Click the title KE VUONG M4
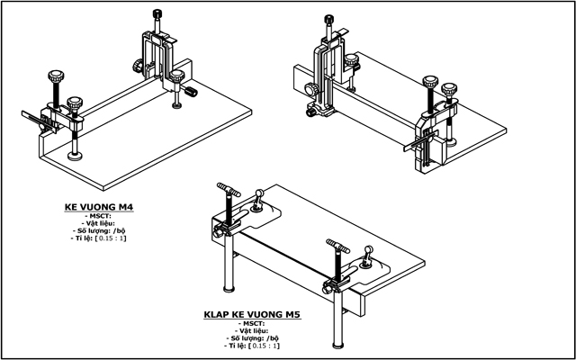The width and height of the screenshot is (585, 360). click(98, 207)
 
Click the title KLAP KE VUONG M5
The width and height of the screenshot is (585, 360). click(251, 316)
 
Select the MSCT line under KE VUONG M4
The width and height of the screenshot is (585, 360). click(98, 216)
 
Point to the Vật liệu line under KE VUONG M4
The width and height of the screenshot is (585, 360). click(98, 223)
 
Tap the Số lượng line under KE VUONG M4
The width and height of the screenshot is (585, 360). click(98, 231)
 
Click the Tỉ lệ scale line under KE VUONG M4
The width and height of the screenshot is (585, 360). click(98, 239)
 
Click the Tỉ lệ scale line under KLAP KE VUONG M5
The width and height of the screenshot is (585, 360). click(251, 346)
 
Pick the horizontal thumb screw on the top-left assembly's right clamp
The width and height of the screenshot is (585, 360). click(192, 93)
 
